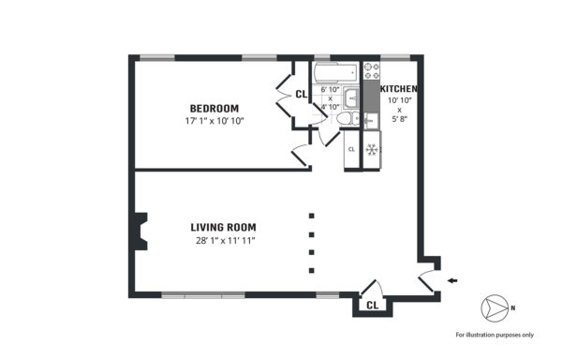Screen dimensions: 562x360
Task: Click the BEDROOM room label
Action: point(214,109)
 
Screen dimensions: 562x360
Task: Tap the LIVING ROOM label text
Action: point(223,227)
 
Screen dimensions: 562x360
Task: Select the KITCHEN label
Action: point(399,89)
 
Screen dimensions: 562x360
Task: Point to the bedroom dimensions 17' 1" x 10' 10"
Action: point(214,121)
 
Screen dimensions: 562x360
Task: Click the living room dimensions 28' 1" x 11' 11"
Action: point(225,240)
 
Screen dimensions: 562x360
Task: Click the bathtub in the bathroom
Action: point(336,73)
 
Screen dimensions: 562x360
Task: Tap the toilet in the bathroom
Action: point(348,118)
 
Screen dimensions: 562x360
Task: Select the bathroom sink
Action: point(351,97)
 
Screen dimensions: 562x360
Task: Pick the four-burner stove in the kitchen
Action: point(372,70)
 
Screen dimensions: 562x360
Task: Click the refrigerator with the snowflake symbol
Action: point(372,149)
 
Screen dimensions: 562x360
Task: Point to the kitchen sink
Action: point(371,121)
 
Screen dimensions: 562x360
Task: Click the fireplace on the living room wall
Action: point(140,232)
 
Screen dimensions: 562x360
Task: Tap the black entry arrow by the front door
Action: point(452,280)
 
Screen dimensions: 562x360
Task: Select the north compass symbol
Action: point(495,307)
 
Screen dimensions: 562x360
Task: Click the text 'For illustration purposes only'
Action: point(495,335)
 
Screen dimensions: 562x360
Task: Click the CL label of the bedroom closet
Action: point(301,94)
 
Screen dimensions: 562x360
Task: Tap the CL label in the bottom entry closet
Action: point(373,305)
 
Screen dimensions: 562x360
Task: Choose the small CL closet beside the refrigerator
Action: point(351,149)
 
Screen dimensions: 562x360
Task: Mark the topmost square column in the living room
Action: point(312,216)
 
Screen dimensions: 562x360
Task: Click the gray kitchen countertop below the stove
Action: point(372,97)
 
